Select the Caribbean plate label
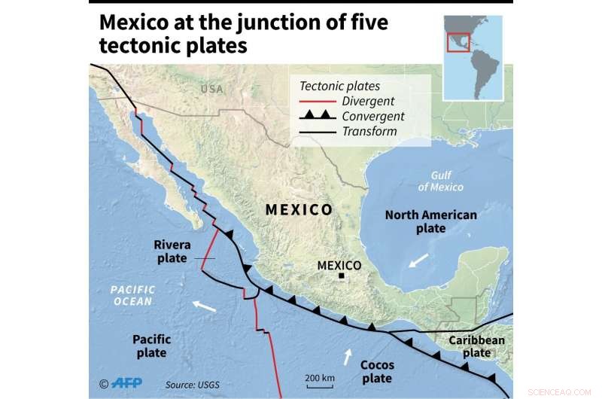point(476,347)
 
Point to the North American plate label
point(430,221)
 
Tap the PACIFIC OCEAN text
point(132,295)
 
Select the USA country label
point(212,90)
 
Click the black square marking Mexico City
point(341,277)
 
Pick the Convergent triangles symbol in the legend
point(316,116)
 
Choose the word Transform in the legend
point(369,132)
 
